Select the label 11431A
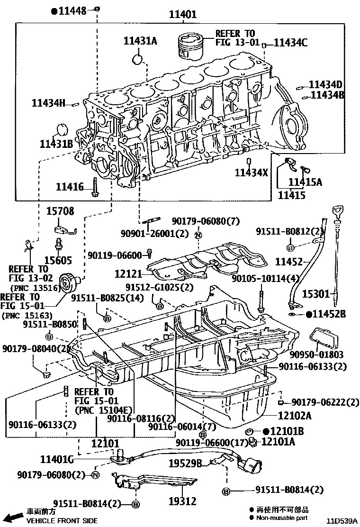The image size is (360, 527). click(140, 41)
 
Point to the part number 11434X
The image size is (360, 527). click(251, 173)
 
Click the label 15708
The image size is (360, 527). click(60, 211)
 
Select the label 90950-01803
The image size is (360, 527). click(323, 354)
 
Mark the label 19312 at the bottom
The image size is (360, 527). click(182, 500)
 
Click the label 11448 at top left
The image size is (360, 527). click(72, 10)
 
